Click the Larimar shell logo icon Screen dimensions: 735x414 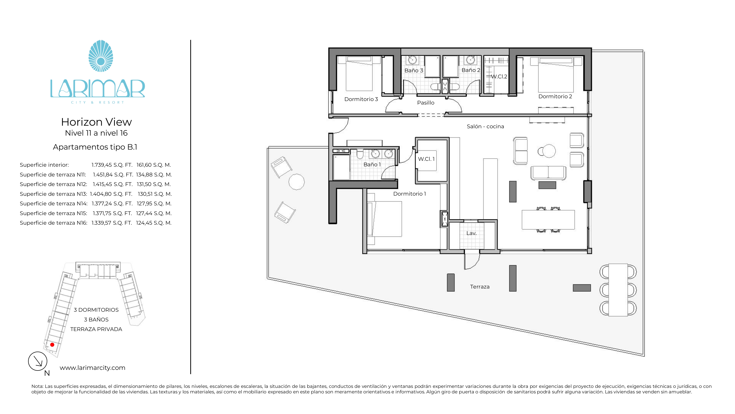(x=101, y=56)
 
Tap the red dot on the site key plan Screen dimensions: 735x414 (x=52, y=345)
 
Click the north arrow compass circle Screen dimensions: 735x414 (x=38, y=361)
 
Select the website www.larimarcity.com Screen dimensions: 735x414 (x=92, y=368)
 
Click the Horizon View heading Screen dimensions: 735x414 (x=96, y=122)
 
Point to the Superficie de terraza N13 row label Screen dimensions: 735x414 (x=53, y=194)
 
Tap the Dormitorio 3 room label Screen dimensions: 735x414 (x=361, y=99)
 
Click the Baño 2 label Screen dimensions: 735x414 (x=471, y=70)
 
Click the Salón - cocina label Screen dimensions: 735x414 (x=485, y=126)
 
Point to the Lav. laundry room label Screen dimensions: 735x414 (x=471, y=233)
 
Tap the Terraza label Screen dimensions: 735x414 (x=480, y=286)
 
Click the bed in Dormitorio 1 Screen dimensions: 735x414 (x=384, y=219)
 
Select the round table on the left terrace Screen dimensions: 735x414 (x=296, y=182)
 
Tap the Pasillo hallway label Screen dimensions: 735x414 (x=426, y=102)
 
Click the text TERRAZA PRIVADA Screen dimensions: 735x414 (x=96, y=329)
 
